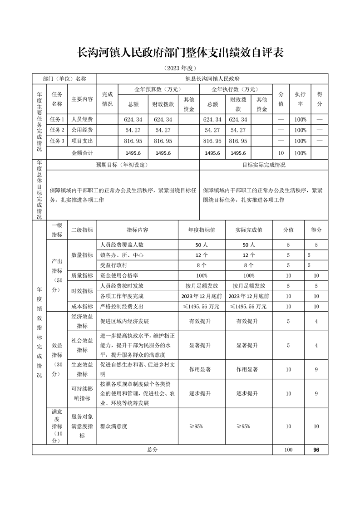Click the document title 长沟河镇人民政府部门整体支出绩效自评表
point(180,53)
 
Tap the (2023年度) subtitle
point(180,69)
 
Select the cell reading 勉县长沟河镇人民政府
point(212,78)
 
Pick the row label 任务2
point(57,130)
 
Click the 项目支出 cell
point(82,141)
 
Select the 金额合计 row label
point(82,153)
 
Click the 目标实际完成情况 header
point(264,165)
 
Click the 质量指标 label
point(82,276)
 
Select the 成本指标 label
point(82,306)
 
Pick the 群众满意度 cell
point(113,426)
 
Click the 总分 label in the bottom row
point(152,450)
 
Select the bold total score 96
point(316,450)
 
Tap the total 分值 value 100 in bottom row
point(288,450)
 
